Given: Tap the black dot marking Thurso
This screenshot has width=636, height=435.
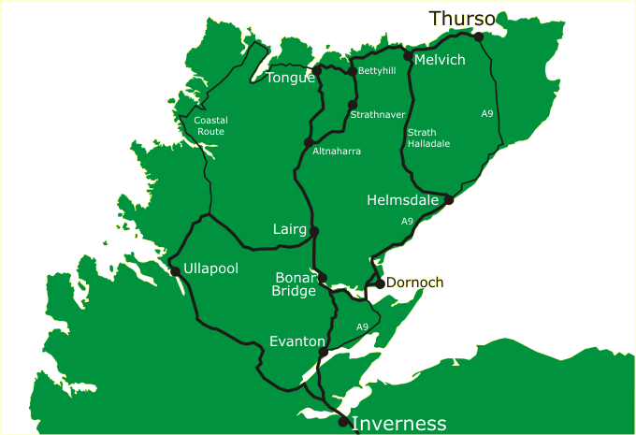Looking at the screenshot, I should point(479,36).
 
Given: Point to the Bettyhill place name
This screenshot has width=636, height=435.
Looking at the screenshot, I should point(377,71).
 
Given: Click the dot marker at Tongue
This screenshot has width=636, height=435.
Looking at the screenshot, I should point(317,70).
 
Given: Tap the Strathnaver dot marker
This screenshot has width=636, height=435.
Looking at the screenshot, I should point(353,105).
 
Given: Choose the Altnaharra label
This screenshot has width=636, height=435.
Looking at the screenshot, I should point(337,151).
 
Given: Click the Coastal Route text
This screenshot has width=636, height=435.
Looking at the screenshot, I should point(210,126).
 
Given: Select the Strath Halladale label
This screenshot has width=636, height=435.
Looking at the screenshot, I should point(428,138).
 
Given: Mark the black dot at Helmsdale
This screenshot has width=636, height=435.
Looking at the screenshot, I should point(449,200).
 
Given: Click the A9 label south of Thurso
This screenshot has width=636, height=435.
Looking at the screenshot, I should point(487,113).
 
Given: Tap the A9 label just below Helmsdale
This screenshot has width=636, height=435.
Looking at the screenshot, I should point(407,222).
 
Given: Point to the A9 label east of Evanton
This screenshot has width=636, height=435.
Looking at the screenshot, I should point(363,326).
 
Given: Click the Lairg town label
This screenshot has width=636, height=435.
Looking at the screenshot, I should point(289,229).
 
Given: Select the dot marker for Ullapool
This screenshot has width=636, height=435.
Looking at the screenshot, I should point(175,271).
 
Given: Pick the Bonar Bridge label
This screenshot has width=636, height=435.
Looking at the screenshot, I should point(296,284).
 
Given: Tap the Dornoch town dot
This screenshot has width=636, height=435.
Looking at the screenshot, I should point(380,283).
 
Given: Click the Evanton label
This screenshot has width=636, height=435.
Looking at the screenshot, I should point(296,341).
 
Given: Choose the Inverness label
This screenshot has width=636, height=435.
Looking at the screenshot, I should point(399,423).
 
